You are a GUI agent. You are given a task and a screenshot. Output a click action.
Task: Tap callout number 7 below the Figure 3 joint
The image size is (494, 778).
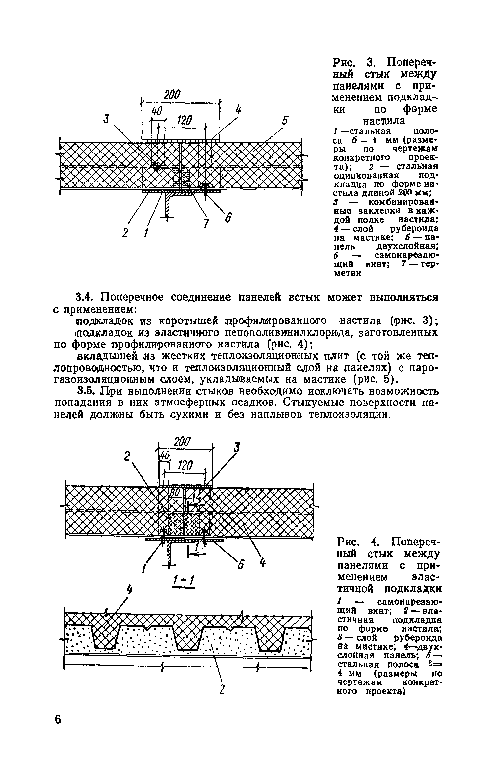pos(205,224)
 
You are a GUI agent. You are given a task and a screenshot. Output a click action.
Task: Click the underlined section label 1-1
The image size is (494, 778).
pos(183,583)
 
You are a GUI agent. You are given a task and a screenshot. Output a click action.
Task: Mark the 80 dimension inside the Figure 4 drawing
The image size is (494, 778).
pos(174,493)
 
